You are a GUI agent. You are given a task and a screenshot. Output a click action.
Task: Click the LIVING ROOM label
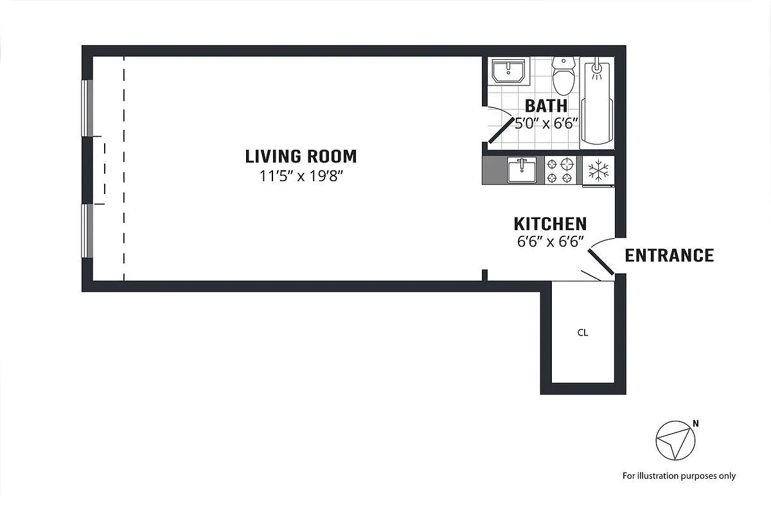click(301, 156)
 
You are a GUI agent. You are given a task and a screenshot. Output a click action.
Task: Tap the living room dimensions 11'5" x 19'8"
click(301, 176)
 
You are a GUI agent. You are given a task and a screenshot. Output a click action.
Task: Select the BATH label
click(546, 106)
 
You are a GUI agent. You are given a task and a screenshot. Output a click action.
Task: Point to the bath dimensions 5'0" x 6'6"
click(546, 123)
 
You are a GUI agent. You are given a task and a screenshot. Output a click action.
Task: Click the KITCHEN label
click(550, 224)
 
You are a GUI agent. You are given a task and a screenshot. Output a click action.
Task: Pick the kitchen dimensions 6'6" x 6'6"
click(551, 242)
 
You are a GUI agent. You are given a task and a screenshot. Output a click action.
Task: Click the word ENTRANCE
click(669, 256)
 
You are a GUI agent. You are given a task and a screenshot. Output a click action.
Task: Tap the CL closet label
click(583, 333)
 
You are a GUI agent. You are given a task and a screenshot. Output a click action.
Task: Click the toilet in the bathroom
click(563, 76)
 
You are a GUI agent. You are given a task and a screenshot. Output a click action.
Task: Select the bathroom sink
click(508, 71)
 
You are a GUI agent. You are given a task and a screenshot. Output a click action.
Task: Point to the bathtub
click(597, 103)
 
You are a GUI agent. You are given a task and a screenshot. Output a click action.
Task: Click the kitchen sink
click(522, 170)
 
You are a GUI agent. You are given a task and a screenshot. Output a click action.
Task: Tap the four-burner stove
click(560, 170)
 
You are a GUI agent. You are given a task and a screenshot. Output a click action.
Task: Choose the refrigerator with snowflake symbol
click(598, 170)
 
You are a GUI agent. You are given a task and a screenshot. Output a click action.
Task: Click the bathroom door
click(502, 130)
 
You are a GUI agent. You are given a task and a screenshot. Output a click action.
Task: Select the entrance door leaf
click(601, 262)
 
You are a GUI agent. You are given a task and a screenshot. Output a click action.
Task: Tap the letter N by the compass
click(696, 423)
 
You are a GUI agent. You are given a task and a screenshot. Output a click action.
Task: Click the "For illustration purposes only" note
click(679, 476)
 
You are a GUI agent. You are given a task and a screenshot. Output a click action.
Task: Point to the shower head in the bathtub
click(596, 69)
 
